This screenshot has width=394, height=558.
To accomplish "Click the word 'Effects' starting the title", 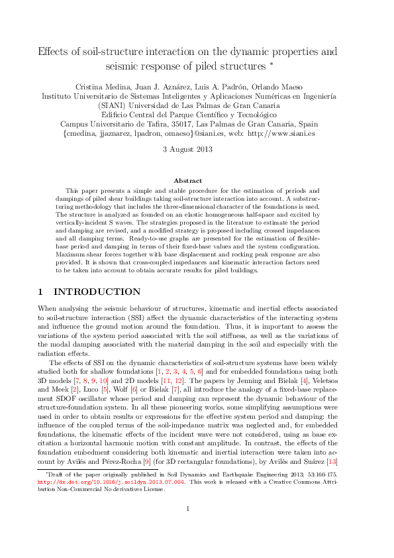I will click(53, 52).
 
